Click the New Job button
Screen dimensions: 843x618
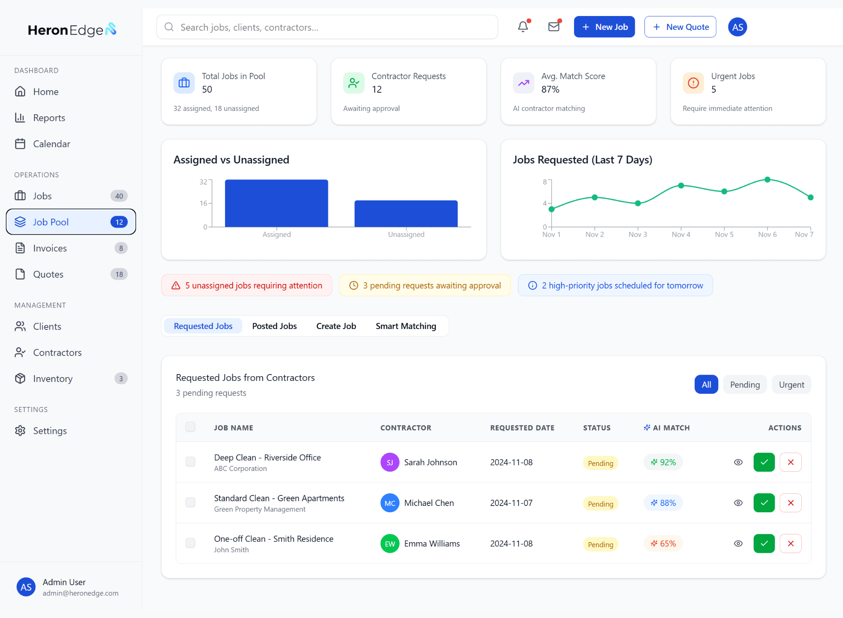point(604,27)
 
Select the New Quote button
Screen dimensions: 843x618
point(680,27)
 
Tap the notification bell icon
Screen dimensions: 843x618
point(523,27)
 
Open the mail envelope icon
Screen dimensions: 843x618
point(554,27)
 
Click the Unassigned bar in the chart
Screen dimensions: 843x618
point(406,214)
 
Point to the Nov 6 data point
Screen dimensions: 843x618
point(768,179)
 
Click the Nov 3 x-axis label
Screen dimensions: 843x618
point(638,235)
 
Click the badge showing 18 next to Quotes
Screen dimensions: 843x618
point(119,274)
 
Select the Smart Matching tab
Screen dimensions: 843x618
point(406,326)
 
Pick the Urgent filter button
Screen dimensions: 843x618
point(792,385)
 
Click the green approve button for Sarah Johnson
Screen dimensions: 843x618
point(764,462)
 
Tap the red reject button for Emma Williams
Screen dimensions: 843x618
point(791,543)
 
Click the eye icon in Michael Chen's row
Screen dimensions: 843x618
point(738,503)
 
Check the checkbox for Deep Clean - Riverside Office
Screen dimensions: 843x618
point(191,462)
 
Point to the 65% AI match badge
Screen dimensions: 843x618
point(663,544)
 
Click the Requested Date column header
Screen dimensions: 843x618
point(522,428)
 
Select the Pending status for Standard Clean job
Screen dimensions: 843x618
point(601,504)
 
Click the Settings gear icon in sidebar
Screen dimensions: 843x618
point(20,431)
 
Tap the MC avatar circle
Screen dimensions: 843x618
point(390,503)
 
